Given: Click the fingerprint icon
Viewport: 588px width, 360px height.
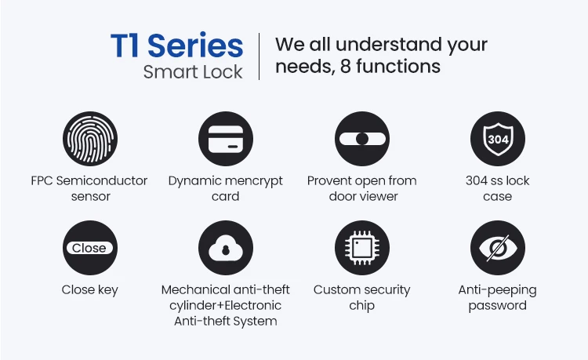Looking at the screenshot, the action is tap(90, 139).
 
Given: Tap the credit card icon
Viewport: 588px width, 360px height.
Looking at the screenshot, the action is tap(226, 139).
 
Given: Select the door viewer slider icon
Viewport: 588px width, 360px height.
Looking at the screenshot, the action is tap(362, 139).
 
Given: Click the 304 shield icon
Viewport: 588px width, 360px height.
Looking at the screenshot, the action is tap(498, 139).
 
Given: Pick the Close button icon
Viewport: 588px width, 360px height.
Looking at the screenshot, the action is tap(90, 248).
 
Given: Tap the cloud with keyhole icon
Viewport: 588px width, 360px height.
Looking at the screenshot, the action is tap(226, 248).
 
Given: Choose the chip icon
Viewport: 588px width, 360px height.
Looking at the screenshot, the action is tap(362, 248).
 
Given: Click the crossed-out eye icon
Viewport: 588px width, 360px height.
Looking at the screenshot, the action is tap(498, 248).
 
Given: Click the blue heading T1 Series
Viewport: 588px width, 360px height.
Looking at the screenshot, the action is tap(177, 45).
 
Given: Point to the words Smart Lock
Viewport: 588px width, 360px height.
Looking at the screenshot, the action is tap(193, 72).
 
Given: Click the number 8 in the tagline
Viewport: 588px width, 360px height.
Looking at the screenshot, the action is tap(346, 67).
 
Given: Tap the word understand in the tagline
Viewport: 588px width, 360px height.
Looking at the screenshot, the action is tap(389, 44).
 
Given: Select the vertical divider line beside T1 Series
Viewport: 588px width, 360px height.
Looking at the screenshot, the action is tap(259, 56).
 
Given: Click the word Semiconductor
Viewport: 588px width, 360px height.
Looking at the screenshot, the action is tap(102, 180).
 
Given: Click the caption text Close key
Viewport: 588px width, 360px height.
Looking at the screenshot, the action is tap(90, 290).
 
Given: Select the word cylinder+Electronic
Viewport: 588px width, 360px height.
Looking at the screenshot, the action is tap(225, 306).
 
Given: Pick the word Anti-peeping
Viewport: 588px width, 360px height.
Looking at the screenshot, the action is tap(498, 291).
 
